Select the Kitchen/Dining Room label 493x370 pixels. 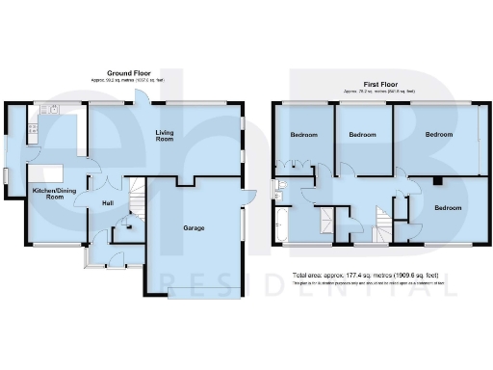pos(54,194)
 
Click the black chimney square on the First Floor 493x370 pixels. pos(436,180)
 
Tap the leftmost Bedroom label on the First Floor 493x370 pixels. pos(303,135)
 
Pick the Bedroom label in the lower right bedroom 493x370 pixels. pos(448,207)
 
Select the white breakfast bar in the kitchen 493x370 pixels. pos(50,172)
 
